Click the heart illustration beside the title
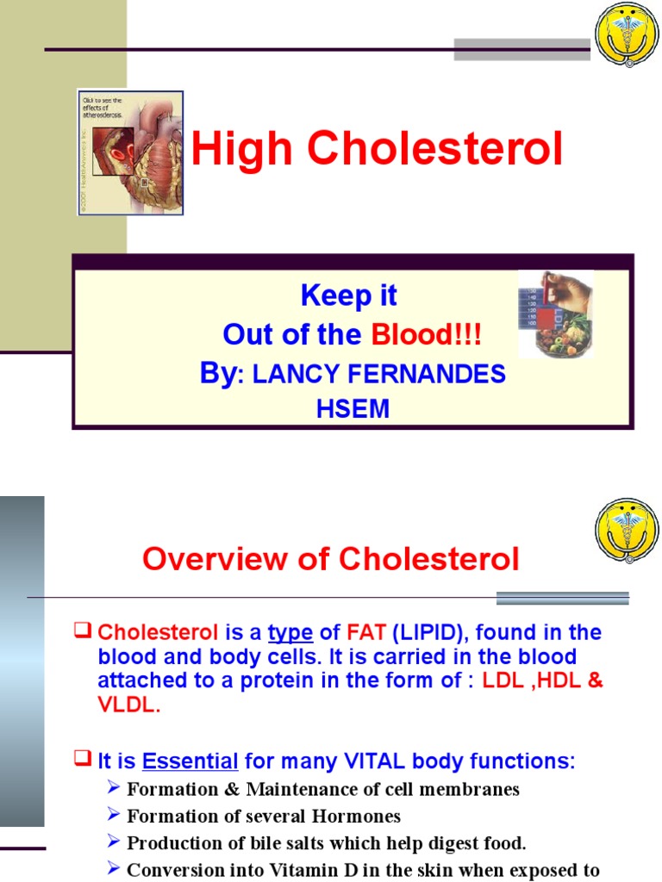tap(131, 152)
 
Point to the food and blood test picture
tap(555, 314)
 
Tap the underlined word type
tap(290, 633)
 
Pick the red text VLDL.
tap(128, 705)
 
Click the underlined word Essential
tap(190, 761)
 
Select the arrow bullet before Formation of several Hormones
tap(116, 815)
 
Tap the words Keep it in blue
tap(348, 295)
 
